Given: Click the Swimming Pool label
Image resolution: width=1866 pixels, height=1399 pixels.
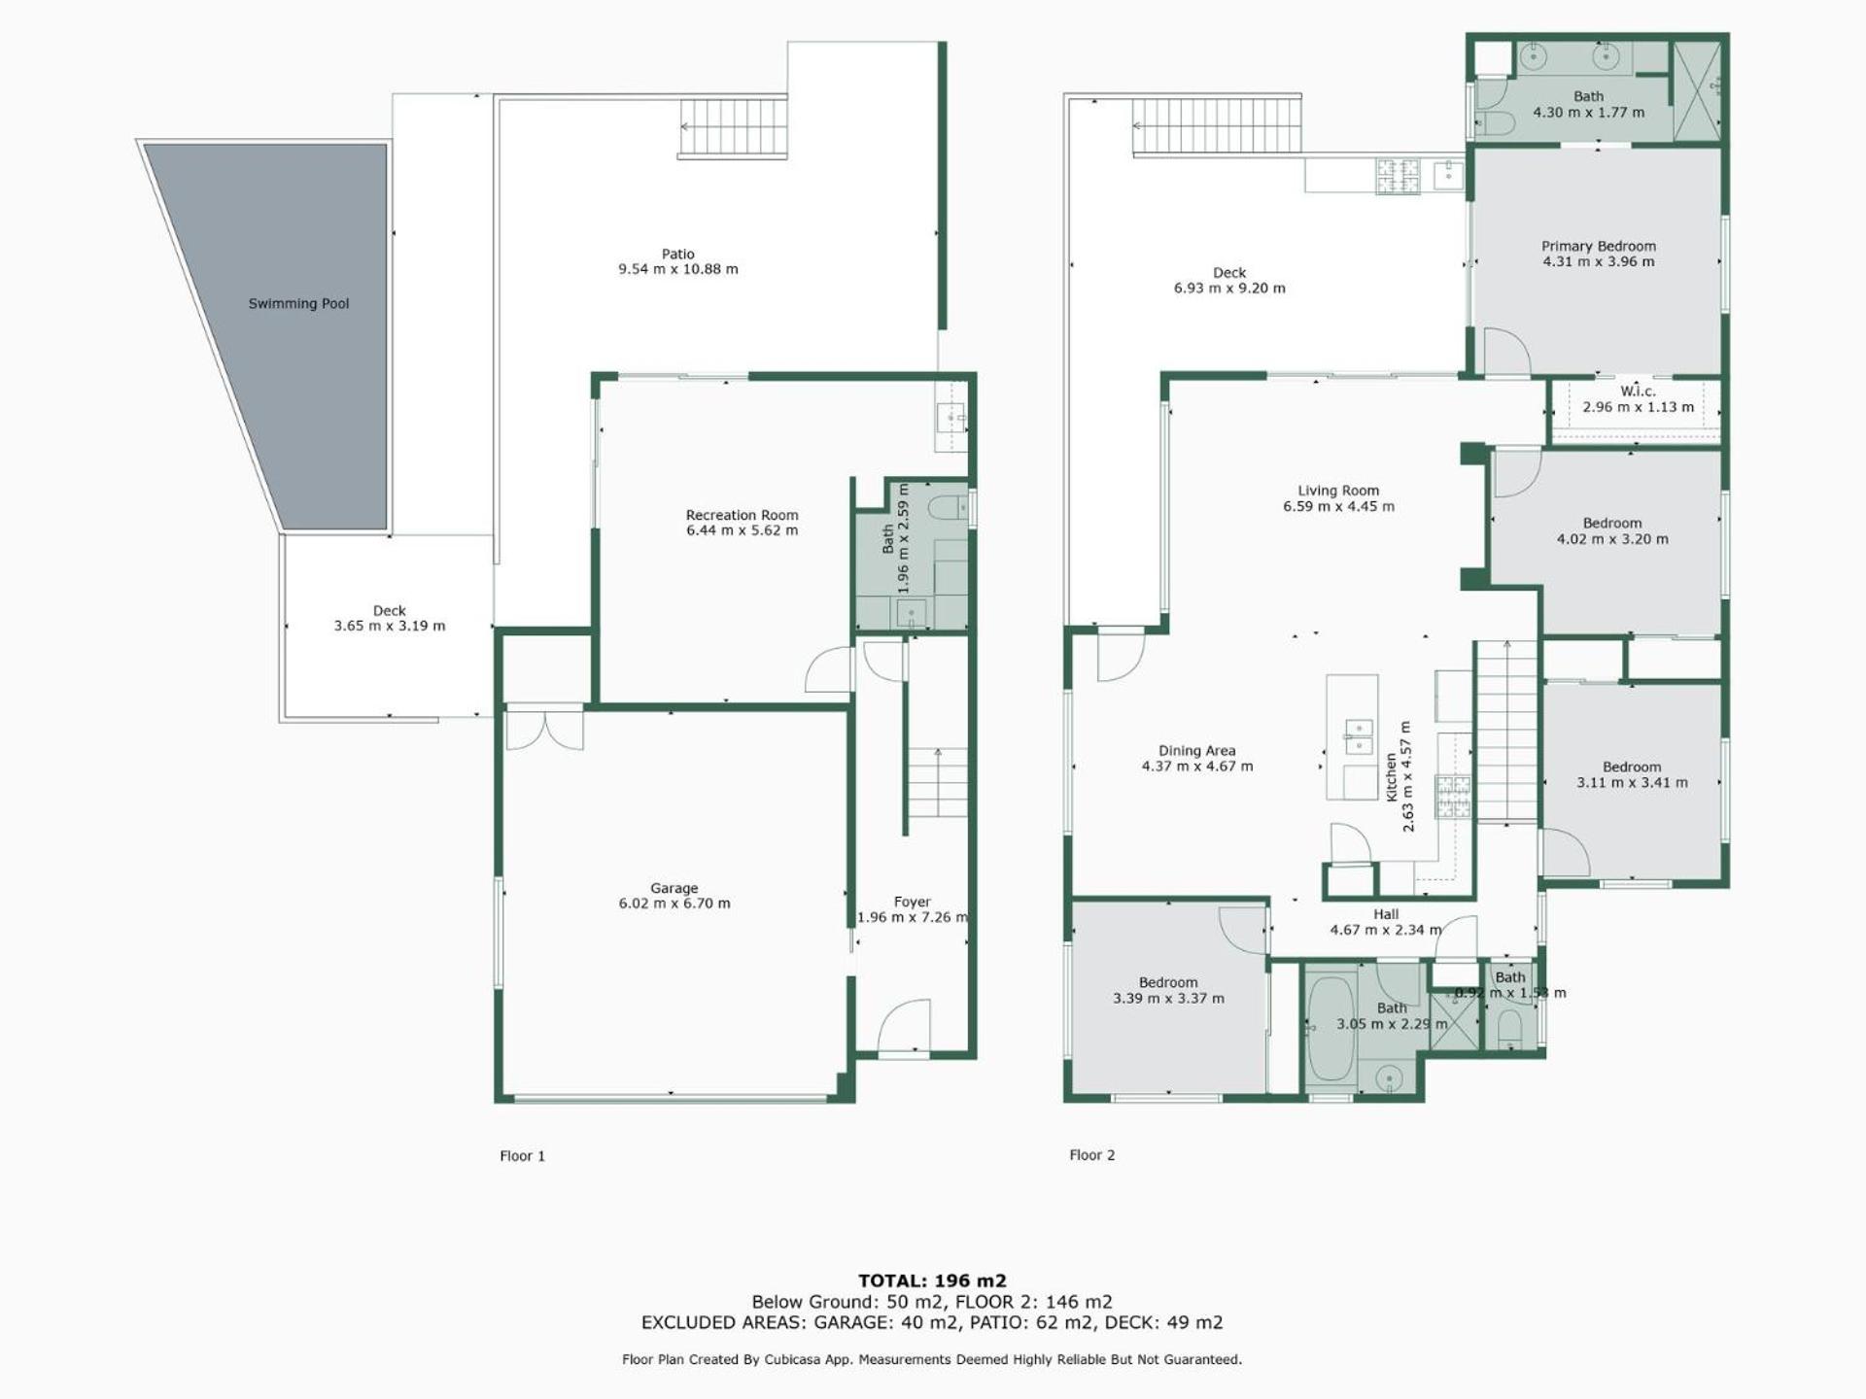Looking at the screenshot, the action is click(298, 304).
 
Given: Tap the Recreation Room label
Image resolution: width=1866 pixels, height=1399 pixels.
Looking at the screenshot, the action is click(742, 515).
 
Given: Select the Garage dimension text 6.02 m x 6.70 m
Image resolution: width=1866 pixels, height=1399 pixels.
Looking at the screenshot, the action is click(674, 904).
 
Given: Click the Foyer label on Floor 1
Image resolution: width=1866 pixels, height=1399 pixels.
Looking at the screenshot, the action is click(912, 902).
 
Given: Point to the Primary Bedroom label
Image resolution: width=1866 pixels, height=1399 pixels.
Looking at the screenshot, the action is click(1599, 247).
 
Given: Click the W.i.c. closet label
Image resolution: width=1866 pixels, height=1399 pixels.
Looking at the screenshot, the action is click(1638, 392).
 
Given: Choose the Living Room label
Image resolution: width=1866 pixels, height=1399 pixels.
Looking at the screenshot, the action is click(1338, 491).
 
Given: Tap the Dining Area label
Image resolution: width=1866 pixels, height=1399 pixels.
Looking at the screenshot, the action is click(1196, 751).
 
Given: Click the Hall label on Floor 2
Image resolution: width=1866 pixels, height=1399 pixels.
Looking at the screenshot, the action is click(1386, 914).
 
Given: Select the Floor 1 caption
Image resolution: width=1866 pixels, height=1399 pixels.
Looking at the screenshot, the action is click(522, 1156).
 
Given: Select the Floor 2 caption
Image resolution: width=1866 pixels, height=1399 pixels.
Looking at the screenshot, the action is click(1091, 1155).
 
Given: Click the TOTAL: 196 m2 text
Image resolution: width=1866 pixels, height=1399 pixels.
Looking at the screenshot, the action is click(932, 1280).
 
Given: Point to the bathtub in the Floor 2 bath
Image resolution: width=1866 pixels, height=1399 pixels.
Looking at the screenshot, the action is click(1330, 1029).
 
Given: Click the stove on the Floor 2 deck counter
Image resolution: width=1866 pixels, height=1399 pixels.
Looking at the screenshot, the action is click(1398, 176).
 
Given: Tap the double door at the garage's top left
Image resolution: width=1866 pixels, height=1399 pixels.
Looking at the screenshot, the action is click(544, 728).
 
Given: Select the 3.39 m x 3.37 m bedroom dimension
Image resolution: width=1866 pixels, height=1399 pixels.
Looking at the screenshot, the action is click(1168, 999).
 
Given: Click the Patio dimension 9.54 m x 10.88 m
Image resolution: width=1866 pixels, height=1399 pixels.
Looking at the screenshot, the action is click(678, 269).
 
